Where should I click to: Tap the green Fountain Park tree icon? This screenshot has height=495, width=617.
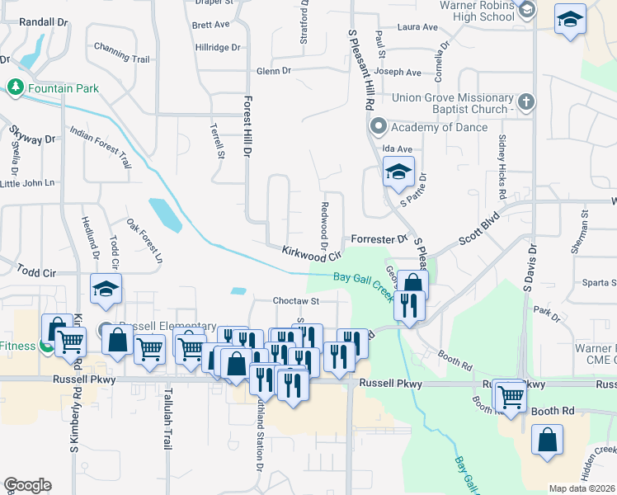coord(15,87)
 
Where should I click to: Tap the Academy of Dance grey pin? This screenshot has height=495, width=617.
coord(379,126)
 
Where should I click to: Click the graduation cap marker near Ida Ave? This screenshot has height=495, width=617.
coord(398,173)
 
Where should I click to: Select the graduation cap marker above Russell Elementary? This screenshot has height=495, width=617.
coord(106,290)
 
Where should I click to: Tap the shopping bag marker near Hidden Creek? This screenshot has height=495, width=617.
coord(547,441)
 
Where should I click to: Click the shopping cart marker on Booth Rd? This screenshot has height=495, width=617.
coord(511,396)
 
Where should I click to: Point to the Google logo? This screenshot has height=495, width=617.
coord(27,485)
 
